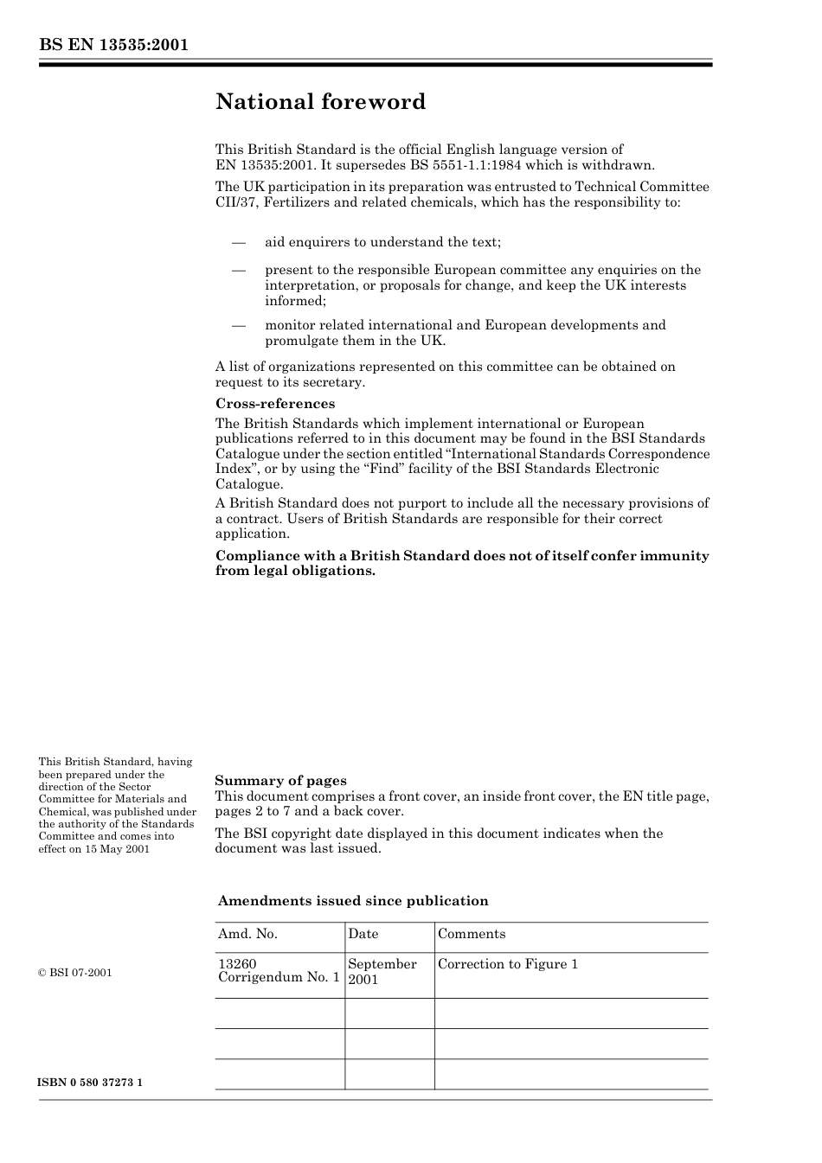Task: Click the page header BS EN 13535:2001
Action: [x=113, y=46]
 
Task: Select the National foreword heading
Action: [x=320, y=102]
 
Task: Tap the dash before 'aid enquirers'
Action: [x=239, y=242]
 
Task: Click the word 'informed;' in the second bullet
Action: [x=295, y=301]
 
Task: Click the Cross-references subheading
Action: [x=274, y=404]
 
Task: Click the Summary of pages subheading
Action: [x=280, y=781]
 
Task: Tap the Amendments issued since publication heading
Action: [x=353, y=901]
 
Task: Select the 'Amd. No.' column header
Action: [x=247, y=934]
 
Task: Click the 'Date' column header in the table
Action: [x=363, y=934]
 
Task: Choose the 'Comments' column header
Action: [x=472, y=934]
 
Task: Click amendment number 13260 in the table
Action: [x=237, y=964]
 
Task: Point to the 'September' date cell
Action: [x=382, y=964]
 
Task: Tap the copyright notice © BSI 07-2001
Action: [x=75, y=973]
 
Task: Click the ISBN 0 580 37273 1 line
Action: [x=91, y=1083]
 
